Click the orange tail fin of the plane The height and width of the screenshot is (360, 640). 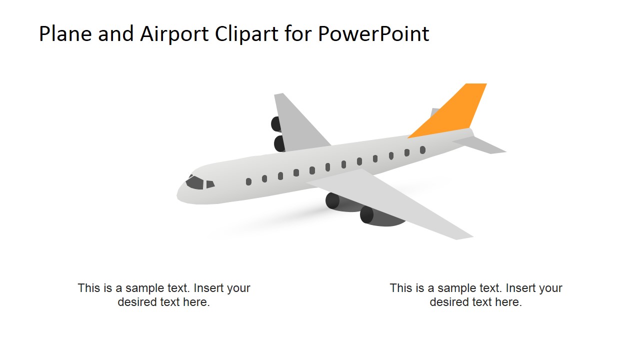(455, 112)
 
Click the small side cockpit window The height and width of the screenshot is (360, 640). (210, 184)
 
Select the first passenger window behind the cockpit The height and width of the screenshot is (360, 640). (248, 181)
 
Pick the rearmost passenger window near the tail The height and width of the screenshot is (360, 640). (422, 149)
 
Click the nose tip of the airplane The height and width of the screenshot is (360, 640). (178, 195)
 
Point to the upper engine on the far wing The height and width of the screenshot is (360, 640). (276, 123)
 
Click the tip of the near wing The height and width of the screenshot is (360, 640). (465, 236)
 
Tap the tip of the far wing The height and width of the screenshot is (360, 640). (279, 95)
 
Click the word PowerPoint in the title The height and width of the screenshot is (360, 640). (373, 34)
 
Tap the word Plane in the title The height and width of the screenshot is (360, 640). (65, 34)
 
